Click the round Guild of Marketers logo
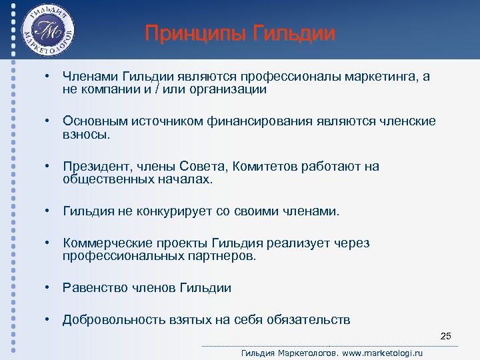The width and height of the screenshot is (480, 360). point(47,31)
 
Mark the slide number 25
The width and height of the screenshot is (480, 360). point(446,335)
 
